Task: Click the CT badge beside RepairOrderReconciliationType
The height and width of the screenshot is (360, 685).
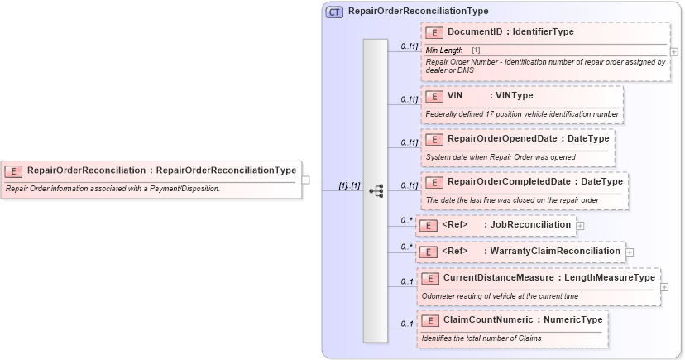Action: (x=334, y=12)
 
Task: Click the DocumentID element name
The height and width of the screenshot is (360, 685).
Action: (x=475, y=32)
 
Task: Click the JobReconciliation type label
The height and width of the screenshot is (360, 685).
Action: (x=530, y=224)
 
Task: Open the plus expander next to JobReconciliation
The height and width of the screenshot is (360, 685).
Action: (x=580, y=225)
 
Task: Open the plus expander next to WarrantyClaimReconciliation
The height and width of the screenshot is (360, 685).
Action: (x=630, y=252)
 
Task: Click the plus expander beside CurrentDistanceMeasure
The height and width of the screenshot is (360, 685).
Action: (x=665, y=287)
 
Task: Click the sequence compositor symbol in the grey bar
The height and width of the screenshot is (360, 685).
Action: (x=376, y=190)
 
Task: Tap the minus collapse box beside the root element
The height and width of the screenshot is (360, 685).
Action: (x=305, y=179)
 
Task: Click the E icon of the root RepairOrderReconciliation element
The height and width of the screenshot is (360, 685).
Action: (x=13, y=171)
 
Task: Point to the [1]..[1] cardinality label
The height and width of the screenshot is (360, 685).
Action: (x=349, y=186)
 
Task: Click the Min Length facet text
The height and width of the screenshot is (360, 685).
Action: (x=444, y=50)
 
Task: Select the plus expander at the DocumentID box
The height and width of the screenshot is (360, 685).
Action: (x=674, y=51)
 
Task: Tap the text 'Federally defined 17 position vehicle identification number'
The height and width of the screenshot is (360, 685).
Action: (x=521, y=114)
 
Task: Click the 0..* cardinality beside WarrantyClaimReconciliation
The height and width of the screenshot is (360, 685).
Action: (x=406, y=247)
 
